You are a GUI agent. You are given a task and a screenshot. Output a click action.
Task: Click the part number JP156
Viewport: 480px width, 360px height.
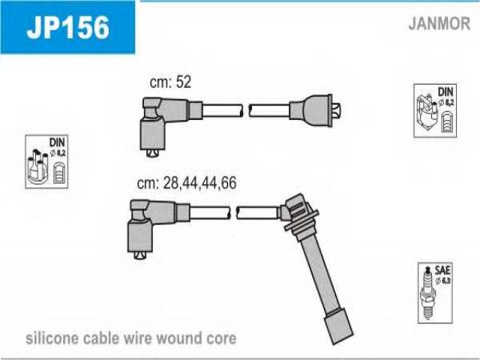(68, 27)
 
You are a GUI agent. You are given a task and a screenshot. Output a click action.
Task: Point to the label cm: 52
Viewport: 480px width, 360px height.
(170, 82)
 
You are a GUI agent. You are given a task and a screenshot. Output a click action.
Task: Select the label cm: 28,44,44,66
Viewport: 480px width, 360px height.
(188, 183)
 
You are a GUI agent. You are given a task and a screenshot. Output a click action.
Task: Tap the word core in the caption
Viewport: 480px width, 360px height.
(220, 338)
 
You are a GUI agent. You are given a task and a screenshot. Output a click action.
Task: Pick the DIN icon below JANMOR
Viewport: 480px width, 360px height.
(434, 110)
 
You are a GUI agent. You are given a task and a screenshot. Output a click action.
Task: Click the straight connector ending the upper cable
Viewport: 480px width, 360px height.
(314, 111)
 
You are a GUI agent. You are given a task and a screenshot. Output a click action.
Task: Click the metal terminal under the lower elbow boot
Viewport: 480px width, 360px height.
(139, 256)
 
